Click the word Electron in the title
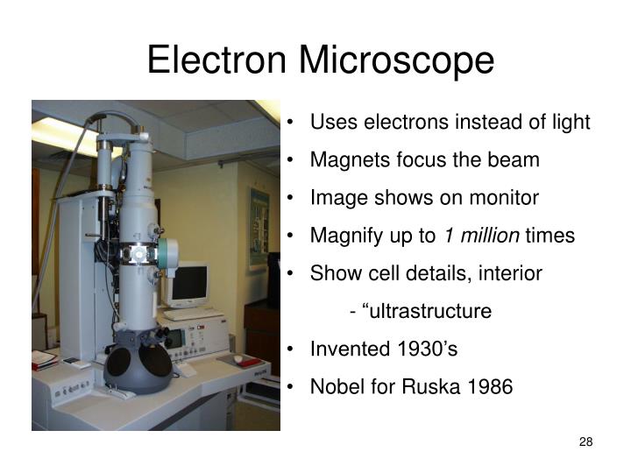click(218, 60)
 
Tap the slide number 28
click(586, 441)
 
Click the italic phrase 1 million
click(481, 236)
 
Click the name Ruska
click(428, 386)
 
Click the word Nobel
click(337, 386)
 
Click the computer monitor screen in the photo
click(188, 282)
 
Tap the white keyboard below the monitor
click(192, 312)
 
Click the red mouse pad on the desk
click(247, 361)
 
